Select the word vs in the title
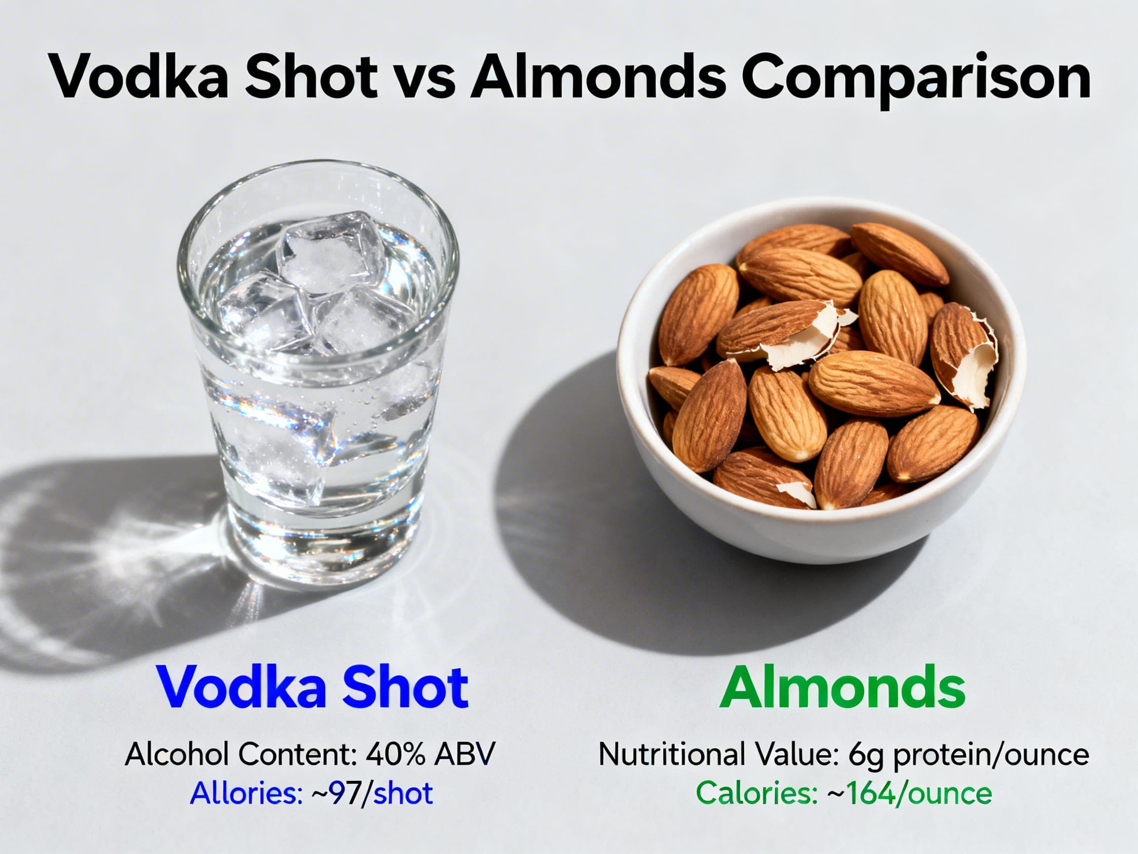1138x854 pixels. point(425,80)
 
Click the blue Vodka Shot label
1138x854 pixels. point(313,687)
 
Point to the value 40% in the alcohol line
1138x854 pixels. point(396,754)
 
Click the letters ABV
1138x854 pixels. point(464,754)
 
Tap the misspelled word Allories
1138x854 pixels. point(246,793)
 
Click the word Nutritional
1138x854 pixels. point(671,754)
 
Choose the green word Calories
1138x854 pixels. point(756,793)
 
